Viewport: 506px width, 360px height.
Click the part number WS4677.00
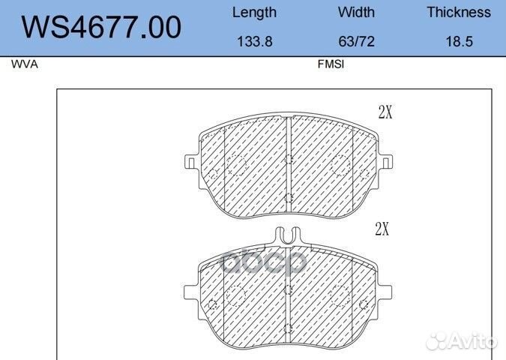101,28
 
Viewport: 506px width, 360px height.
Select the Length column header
254,13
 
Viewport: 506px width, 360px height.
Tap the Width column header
356,13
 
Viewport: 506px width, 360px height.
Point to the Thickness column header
459,13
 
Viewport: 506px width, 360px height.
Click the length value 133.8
254,42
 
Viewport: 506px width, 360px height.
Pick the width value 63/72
356,42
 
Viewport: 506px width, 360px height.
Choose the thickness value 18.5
459,42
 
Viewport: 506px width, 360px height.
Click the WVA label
24,64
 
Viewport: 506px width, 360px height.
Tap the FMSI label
331,64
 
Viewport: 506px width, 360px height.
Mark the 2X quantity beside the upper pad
385,112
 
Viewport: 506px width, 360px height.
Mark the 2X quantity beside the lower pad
382,229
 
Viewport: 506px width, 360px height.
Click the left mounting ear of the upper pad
190,161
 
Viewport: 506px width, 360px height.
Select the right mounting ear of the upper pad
388,161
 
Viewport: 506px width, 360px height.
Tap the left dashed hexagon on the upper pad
237,165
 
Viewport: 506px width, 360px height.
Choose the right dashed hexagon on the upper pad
341,165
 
